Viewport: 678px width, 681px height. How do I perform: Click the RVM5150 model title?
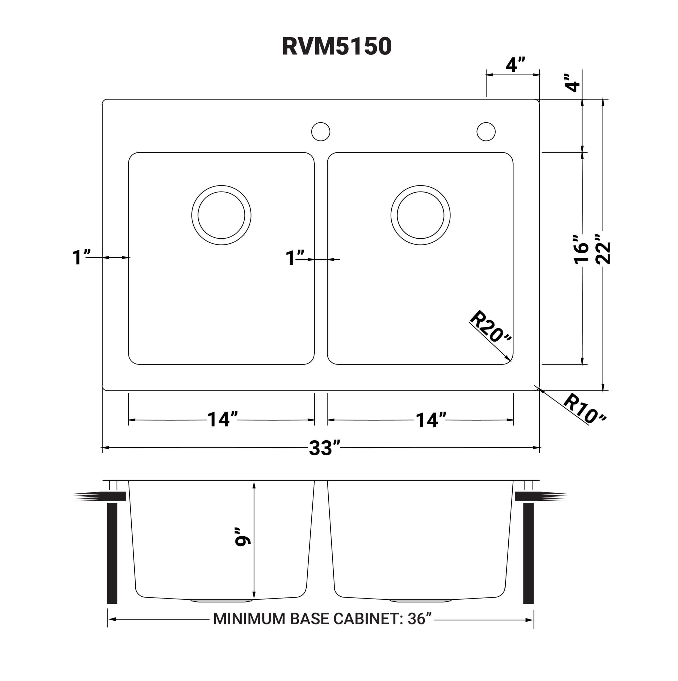click(x=337, y=46)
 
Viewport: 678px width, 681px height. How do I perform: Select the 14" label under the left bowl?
click(x=222, y=420)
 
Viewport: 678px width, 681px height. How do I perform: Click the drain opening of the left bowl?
click(x=221, y=215)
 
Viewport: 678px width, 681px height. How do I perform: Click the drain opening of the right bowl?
click(x=420, y=215)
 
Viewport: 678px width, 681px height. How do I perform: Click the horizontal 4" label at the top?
click(x=515, y=64)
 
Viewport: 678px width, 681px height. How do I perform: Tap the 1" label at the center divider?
click(x=295, y=258)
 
